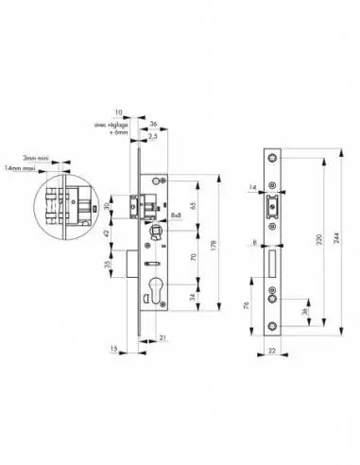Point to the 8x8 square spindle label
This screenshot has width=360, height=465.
coord(178,215)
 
